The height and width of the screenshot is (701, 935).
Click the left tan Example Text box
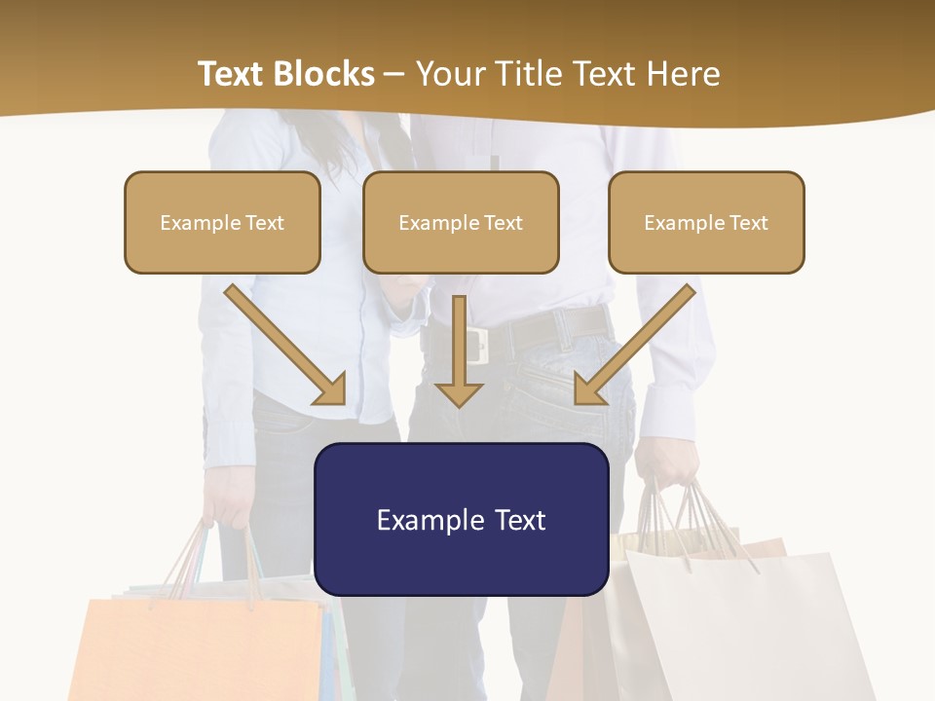pos(222,222)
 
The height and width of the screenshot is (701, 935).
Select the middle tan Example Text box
pos(461,222)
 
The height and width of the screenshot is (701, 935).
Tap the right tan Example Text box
pos(706,222)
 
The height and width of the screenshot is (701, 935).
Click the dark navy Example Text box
pos(461,519)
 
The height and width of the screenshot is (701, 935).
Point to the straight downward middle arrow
pos(459,350)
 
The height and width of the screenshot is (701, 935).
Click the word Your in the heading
pos(449,74)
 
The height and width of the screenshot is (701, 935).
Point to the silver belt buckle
pos(477,345)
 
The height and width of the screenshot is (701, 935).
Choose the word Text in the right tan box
pos(748,222)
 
